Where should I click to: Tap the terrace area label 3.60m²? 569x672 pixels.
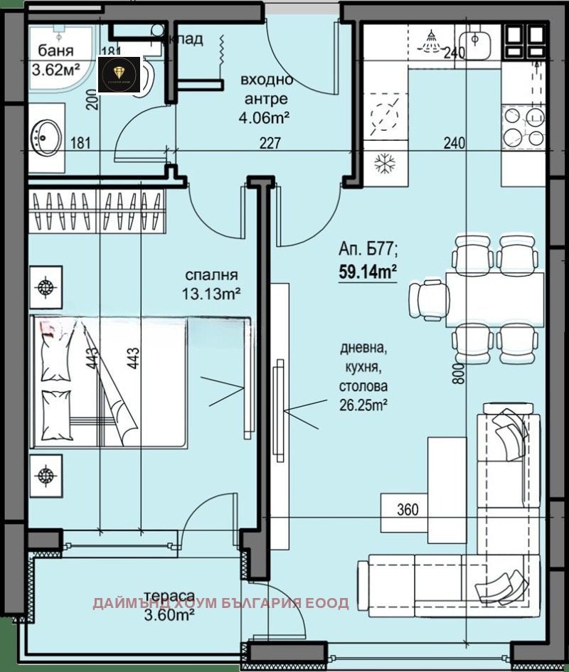[169, 616]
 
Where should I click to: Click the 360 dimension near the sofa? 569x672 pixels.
[408, 509]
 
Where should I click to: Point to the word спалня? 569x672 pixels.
[211, 275]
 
